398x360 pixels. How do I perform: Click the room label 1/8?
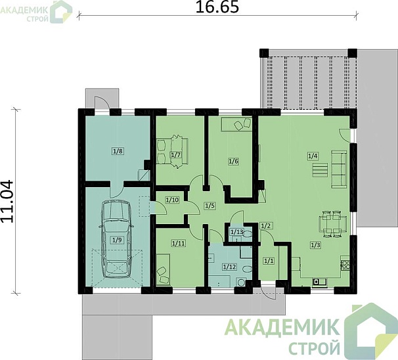pyautogui.click(x=118, y=151)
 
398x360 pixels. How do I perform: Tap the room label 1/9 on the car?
pyautogui.click(x=116, y=240)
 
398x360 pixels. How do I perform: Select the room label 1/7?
pyautogui.click(x=175, y=155)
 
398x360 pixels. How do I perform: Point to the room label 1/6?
pyautogui.click(x=232, y=161)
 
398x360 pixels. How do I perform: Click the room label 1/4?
pyautogui.click(x=313, y=156)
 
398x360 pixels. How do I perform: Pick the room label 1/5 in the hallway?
pyautogui.click(x=210, y=206)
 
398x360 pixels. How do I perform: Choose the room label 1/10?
pyautogui.click(x=172, y=199)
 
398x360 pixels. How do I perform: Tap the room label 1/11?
pyautogui.click(x=178, y=244)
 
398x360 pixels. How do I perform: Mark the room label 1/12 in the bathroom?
pyautogui.click(x=229, y=267)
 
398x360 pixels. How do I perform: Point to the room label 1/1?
pyautogui.click(x=268, y=261)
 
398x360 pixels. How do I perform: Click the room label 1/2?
pyautogui.click(x=267, y=226)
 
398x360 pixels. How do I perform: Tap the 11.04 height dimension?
pyautogui.click(x=9, y=202)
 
